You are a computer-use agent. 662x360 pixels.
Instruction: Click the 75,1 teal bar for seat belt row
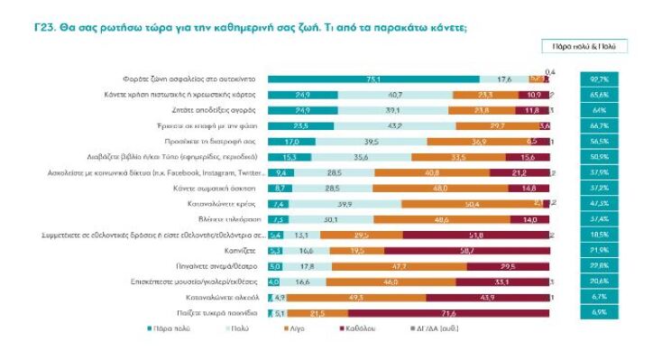pyautogui.click(x=372, y=79)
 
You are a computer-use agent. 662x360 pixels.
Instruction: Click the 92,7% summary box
pyautogui.click(x=600, y=79)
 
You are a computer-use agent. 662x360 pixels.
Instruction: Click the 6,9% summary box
pyautogui.click(x=600, y=312)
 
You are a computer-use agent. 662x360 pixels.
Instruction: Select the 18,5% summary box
pyautogui.click(x=600, y=235)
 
